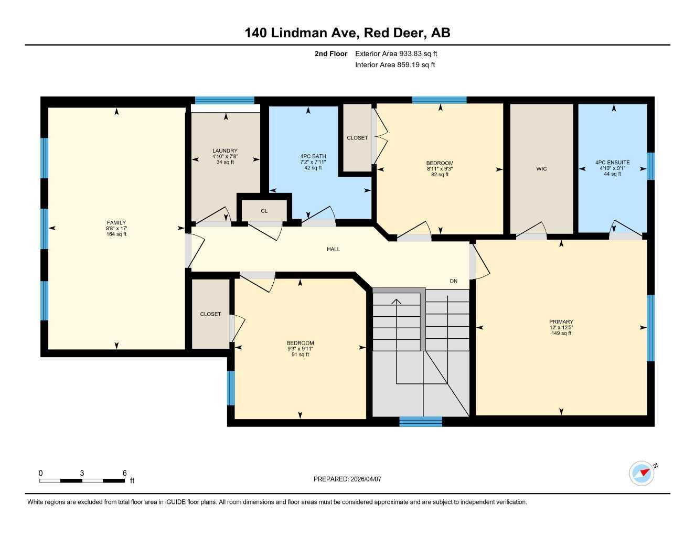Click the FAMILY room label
[x=116, y=222]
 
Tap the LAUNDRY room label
[x=225, y=151]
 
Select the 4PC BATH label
[x=313, y=156]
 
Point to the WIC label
[x=541, y=169]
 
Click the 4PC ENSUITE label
[x=612, y=163]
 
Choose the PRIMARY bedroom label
[x=561, y=321]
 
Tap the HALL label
[x=333, y=249]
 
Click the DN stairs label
[x=453, y=281]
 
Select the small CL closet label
[x=264, y=211]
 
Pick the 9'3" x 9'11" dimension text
[x=300, y=349]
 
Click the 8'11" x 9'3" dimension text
[x=440, y=169]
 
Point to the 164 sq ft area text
[x=116, y=234]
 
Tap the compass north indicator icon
[x=643, y=473]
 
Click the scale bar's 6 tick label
[x=125, y=473]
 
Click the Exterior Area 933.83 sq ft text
[x=396, y=53]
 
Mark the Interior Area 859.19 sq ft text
[x=395, y=65]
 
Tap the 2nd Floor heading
[x=331, y=53]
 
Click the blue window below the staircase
[x=421, y=421]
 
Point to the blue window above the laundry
[x=224, y=100]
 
